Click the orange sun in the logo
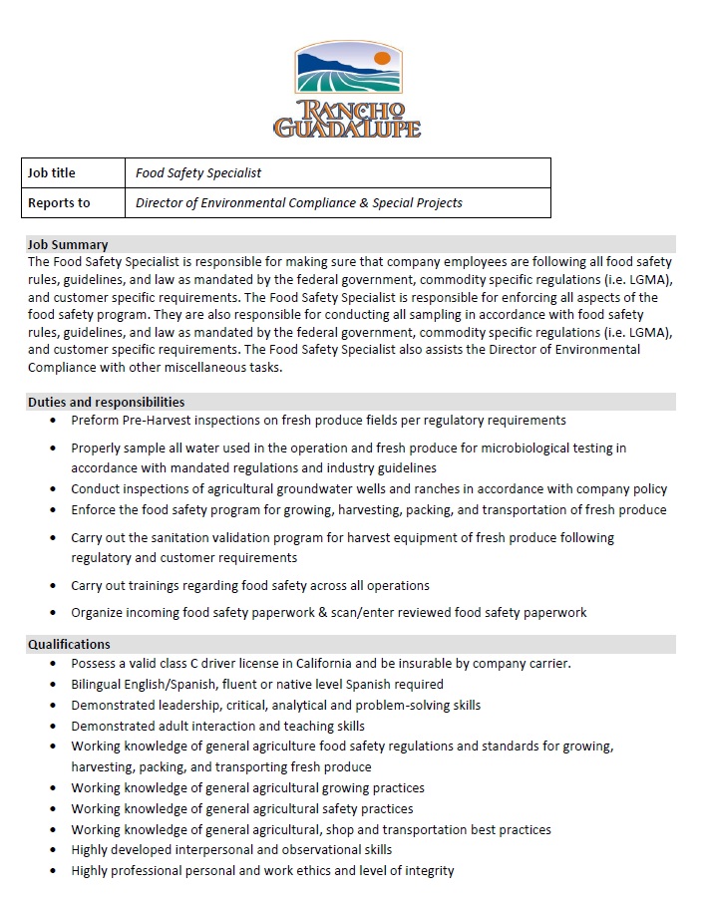(x=381, y=60)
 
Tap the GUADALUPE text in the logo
(x=347, y=128)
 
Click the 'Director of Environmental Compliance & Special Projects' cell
(x=299, y=202)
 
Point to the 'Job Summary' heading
(x=68, y=244)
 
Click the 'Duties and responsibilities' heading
(x=106, y=402)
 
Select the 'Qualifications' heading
(x=69, y=644)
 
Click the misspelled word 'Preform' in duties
(x=95, y=420)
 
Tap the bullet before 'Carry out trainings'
(x=53, y=586)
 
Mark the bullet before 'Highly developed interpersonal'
(x=53, y=850)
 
